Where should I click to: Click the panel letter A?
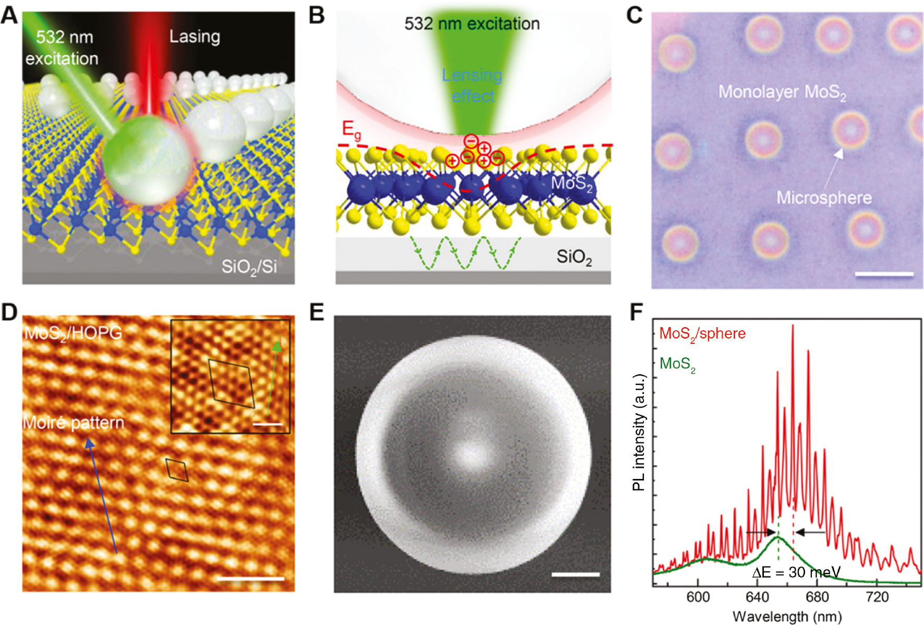pyautogui.click(x=9, y=16)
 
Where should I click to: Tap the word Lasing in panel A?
pyautogui.click(x=194, y=37)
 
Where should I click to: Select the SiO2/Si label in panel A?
pyautogui.click(x=249, y=267)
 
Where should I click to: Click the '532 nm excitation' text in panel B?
pyautogui.click(x=472, y=23)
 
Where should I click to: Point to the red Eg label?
pyautogui.click(x=351, y=130)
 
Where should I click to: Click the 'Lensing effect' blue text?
pyautogui.click(x=472, y=86)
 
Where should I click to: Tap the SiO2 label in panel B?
pyautogui.click(x=574, y=257)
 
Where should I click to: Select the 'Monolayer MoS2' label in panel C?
pyautogui.click(x=782, y=92)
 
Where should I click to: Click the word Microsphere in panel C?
pyautogui.click(x=824, y=197)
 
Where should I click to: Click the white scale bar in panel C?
pyautogui.click(x=884, y=273)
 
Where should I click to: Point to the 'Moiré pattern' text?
pyautogui.click(x=74, y=423)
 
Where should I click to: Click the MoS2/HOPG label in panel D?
pyautogui.click(x=73, y=333)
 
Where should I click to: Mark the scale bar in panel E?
pyautogui.click(x=575, y=574)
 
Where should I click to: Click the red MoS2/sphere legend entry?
pyautogui.click(x=702, y=334)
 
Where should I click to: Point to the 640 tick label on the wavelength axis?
pyautogui.click(x=758, y=597)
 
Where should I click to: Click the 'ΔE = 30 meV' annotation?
pyautogui.click(x=796, y=572)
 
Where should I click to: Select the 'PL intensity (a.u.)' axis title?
pyautogui.click(x=639, y=432)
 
